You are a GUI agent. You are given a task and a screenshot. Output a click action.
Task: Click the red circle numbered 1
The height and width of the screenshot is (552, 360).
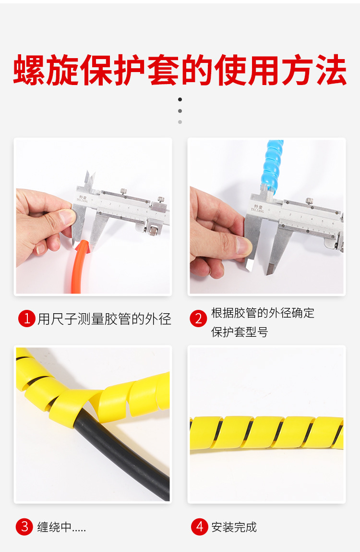(27, 319)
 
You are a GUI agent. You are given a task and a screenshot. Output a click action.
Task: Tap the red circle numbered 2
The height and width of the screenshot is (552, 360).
(198, 319)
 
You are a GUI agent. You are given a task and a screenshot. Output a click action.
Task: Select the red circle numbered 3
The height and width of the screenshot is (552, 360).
(24, 527)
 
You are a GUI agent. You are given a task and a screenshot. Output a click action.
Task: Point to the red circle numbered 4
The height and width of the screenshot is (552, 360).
(199, 527)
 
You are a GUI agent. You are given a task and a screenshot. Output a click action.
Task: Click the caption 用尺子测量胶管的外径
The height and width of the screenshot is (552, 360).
(104, 319)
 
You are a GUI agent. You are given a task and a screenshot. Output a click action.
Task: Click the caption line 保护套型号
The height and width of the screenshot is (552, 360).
(240, 332)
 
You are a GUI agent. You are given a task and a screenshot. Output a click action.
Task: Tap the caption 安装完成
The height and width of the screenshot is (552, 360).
(234, 527)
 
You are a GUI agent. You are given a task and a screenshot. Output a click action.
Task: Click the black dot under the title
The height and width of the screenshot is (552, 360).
(180, 99)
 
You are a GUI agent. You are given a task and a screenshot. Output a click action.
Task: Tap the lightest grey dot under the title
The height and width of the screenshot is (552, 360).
(180, 122)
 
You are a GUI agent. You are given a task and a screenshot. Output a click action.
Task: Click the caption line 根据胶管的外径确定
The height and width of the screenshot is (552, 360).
(263, 313)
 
